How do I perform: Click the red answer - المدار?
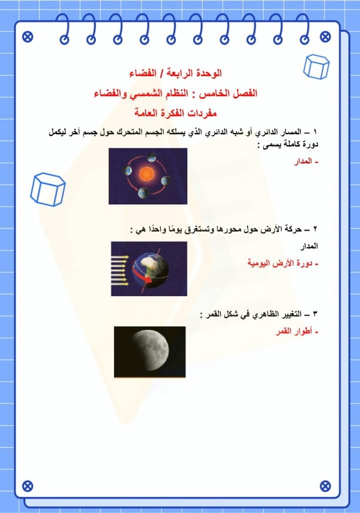[x=306, y=161]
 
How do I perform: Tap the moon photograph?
[x=150, y=352]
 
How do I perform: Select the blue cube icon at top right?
[x=317, y=67]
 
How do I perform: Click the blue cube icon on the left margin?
[x=48, y=189]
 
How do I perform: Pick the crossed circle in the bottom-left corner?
[x=28, y=485]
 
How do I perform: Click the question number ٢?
[x=315, y=229]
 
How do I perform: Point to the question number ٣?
[x=315, y=314]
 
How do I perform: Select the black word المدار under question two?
[x=309, y=246]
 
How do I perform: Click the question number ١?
[x=315, y=132]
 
